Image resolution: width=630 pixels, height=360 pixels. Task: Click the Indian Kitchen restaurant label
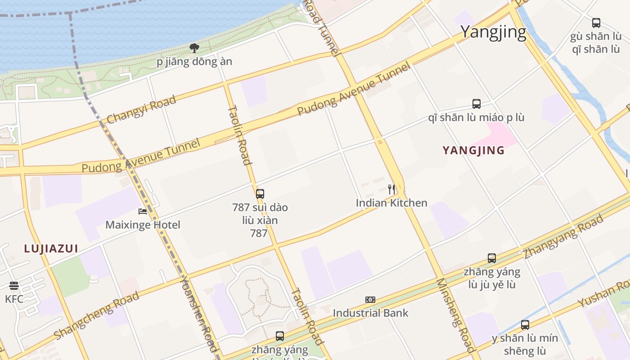tap(391, 203)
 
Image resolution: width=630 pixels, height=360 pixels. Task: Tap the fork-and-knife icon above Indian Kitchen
tap(391, 189)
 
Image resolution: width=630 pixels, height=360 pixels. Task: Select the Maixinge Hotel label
tap(143, 225)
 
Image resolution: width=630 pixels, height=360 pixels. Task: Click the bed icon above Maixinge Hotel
tap(143, 211)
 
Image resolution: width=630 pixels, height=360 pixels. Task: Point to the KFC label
tap(14, 299)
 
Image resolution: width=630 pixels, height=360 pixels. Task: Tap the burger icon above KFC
tap(14, 286)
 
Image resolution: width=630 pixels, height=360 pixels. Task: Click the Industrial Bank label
tap(370, 313)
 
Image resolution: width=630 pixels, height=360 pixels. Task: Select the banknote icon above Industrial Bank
tap(370, 300)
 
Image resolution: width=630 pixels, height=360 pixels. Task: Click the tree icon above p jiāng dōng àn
tap(194, 48)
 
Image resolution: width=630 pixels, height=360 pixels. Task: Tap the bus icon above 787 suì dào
tap(260, 194)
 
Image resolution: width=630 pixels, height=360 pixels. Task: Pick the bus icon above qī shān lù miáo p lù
tap(477, 104)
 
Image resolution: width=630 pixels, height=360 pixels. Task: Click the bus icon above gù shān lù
tap(596, 22)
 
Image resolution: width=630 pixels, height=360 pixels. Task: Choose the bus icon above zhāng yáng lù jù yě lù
tap(492, 258)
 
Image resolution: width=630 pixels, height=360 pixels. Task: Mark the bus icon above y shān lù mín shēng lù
tap(525, 325)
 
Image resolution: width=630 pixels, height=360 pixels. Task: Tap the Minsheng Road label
tap(455, 315)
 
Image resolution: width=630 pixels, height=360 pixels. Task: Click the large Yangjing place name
tap(493, 32)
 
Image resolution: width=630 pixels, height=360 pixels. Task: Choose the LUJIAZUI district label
tap(51, 248)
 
